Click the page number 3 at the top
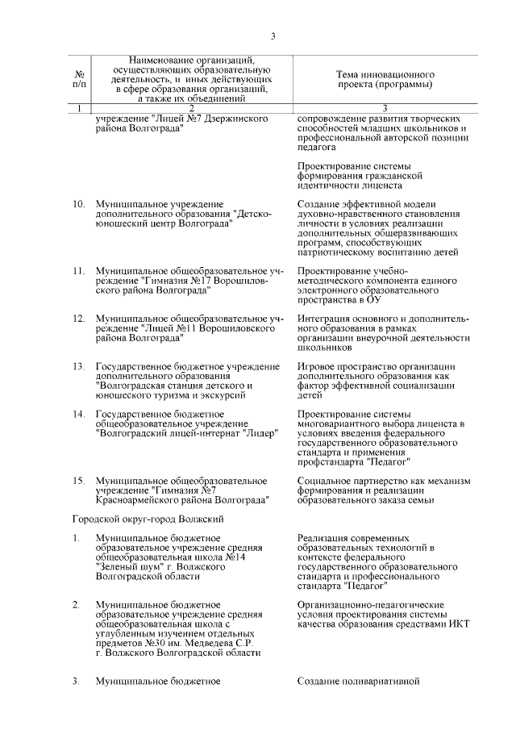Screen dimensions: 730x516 point(273,36)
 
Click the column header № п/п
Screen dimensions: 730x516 point(79,78)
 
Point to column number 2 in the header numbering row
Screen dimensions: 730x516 point(191,108)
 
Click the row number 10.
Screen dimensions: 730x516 point(78,204)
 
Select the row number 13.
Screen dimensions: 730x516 point(78,366)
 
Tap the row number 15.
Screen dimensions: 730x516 point(78,480)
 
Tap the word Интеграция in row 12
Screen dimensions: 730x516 point(325,319)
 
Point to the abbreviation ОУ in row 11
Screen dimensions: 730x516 point(372,300)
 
